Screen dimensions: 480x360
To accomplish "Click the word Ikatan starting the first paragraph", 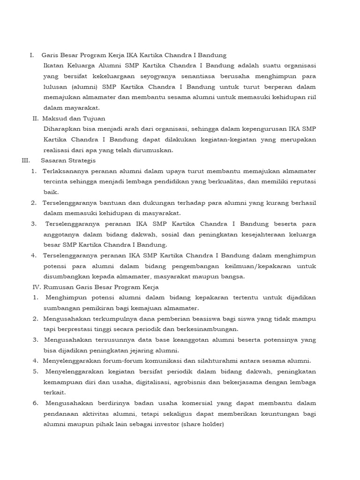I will click(x=53, y=66).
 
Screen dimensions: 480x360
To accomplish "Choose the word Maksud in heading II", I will click(x=53, y=119).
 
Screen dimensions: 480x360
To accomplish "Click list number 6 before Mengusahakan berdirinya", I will click(x=35, y=403).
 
